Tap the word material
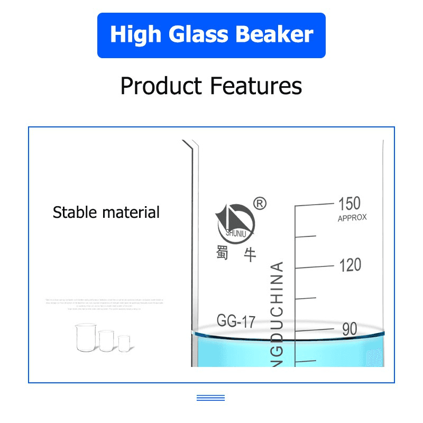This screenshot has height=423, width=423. tap(131, 213)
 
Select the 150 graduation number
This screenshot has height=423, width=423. tap(350, 204)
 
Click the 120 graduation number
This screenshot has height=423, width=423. tap(350, 265)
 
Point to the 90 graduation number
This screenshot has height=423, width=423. tap(350, 329)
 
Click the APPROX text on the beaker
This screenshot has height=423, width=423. tap(352, 218)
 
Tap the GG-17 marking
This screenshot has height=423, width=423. tap(236, 321)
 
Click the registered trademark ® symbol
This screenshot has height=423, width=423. tap(260, 203)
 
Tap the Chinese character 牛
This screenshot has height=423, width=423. tap(250, 254)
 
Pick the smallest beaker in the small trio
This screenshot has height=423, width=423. tap(124, 343)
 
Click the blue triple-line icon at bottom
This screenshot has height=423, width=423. tap(211, 398)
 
